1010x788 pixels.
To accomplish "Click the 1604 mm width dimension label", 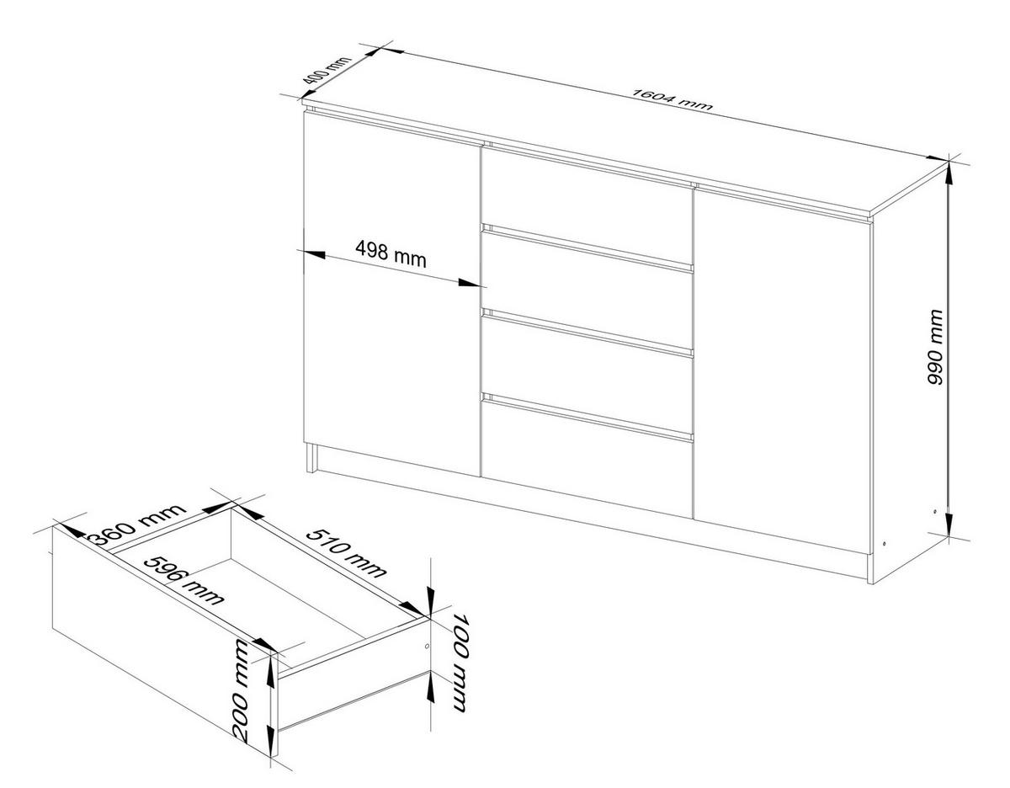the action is coord(672,106).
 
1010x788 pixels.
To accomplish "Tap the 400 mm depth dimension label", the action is coord(327,77).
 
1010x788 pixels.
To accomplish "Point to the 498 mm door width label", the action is coord(391,254).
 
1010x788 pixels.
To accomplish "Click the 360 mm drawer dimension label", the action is coord(137,524).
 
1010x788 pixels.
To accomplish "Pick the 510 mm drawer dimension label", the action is coord(346,552).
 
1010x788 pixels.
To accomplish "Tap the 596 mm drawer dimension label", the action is coord(184,581).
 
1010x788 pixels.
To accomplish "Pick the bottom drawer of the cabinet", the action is coord(587,456).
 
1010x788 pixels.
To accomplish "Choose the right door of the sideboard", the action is coord(783,370).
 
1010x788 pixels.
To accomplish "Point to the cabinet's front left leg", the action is coord(311,458).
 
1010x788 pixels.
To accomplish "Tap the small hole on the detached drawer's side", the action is coord(427,646).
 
